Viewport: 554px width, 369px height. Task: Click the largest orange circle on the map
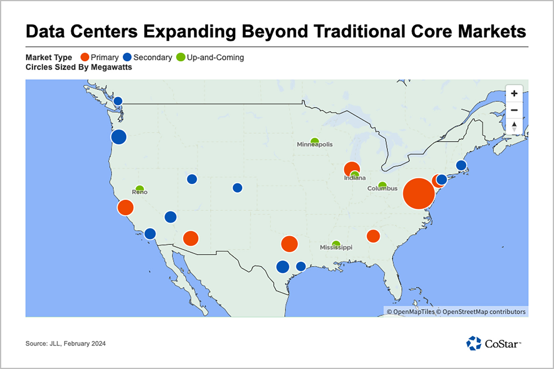[419, 194]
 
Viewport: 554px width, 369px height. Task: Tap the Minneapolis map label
[315, 144]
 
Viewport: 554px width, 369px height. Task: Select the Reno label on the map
[139, 192]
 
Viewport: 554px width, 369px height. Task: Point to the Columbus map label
[382, 188]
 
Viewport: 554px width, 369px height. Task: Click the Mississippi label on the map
[336, 248]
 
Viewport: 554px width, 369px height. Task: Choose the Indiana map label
[355, 178]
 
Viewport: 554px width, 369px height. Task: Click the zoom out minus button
[514, 110]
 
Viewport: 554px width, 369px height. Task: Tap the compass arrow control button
[514, 126]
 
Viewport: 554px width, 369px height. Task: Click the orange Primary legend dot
[85, 57]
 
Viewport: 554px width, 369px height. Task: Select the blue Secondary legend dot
[127, 57]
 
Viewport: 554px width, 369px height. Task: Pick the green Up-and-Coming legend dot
[181, 57]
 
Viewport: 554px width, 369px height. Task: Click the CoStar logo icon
[474, 343]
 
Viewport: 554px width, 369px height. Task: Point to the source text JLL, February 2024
[65, 344]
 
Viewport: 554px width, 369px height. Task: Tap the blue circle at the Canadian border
[118, 101]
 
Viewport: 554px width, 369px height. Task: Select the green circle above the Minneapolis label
[315, 141]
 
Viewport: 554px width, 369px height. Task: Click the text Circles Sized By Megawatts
[79, 67]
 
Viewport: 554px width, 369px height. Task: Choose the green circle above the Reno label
[140, 188]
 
